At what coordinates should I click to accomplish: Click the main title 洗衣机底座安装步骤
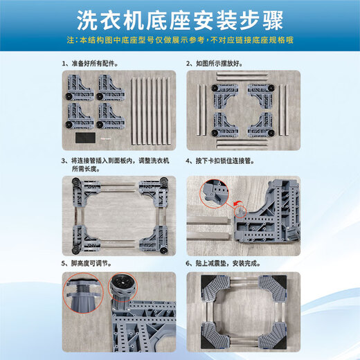tap(179, 19)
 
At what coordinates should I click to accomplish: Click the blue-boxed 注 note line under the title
tap(179, 41)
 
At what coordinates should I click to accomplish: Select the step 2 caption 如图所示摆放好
tap(218, 63)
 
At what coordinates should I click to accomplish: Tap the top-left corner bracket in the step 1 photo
tap(80, 86)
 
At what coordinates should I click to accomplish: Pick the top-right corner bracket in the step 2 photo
tap(259, 93)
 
